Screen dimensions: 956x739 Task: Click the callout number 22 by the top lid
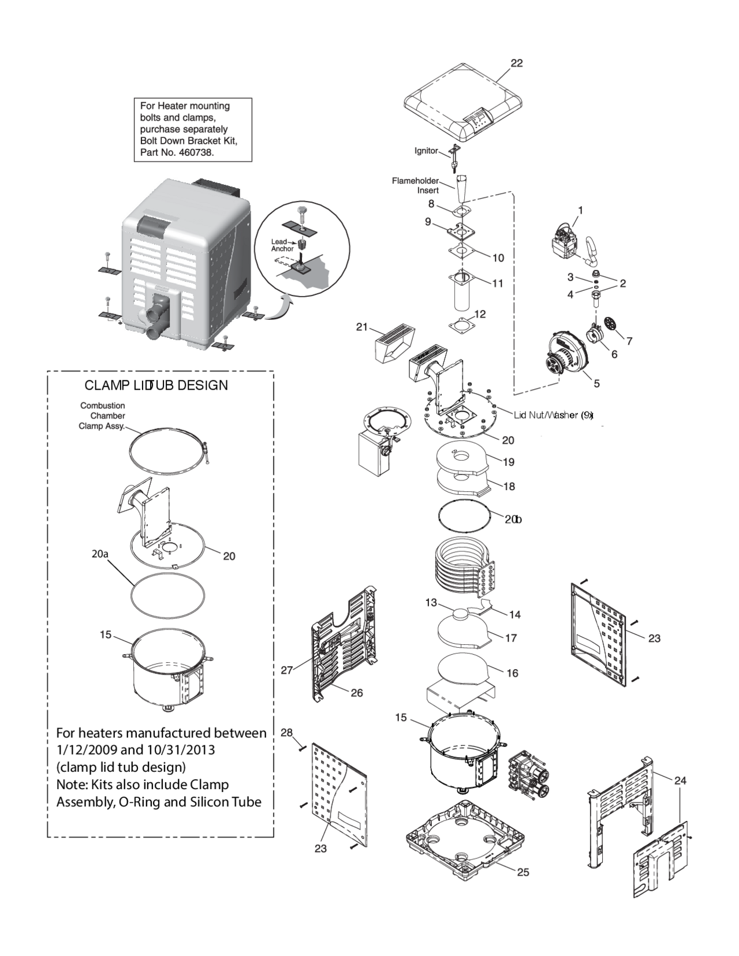[517, 63]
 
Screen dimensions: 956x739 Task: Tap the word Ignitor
[426, 151]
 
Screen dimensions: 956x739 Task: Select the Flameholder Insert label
[416, 185]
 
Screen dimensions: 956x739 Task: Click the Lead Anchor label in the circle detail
[282, 245]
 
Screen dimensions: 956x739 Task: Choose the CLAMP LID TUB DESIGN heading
[156, 385]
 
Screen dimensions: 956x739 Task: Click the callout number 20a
[100, 554]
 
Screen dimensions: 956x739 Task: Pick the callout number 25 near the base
[522, 872]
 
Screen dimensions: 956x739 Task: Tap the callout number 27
[287, 670]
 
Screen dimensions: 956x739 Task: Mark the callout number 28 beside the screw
[287, 733]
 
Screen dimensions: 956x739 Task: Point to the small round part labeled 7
[610, 324]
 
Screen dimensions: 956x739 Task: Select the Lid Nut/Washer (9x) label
[553, 415]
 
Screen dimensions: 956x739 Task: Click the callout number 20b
[513, 520]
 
